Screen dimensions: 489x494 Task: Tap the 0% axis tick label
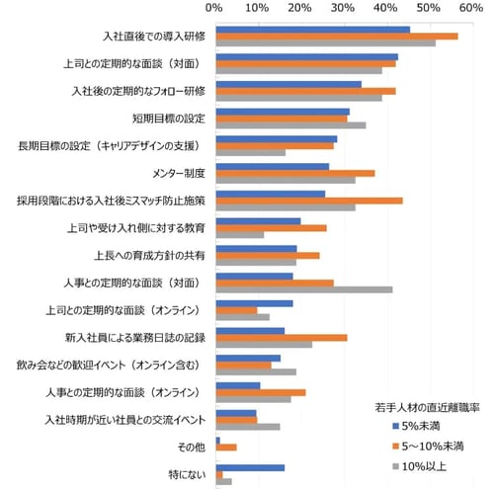tap(214, 8)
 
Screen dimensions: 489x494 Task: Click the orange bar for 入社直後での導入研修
tap(336, 37)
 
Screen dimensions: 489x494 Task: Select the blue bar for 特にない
tap(249, 468)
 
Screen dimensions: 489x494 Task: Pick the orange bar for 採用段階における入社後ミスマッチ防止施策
tap(308, 201)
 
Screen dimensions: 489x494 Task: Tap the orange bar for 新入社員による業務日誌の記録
tap(281, 338)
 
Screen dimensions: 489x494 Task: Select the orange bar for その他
tap(225, 448)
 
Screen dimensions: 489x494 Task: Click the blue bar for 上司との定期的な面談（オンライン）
tap(254, 303)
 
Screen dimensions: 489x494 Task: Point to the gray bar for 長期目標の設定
tap(250, 153)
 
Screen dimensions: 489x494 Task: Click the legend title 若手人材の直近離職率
tap(427, 406)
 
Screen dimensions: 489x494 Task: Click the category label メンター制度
tap(179, 174)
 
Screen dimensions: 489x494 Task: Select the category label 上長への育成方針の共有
tap(151, 256)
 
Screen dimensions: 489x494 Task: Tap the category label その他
tap(192, 448)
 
